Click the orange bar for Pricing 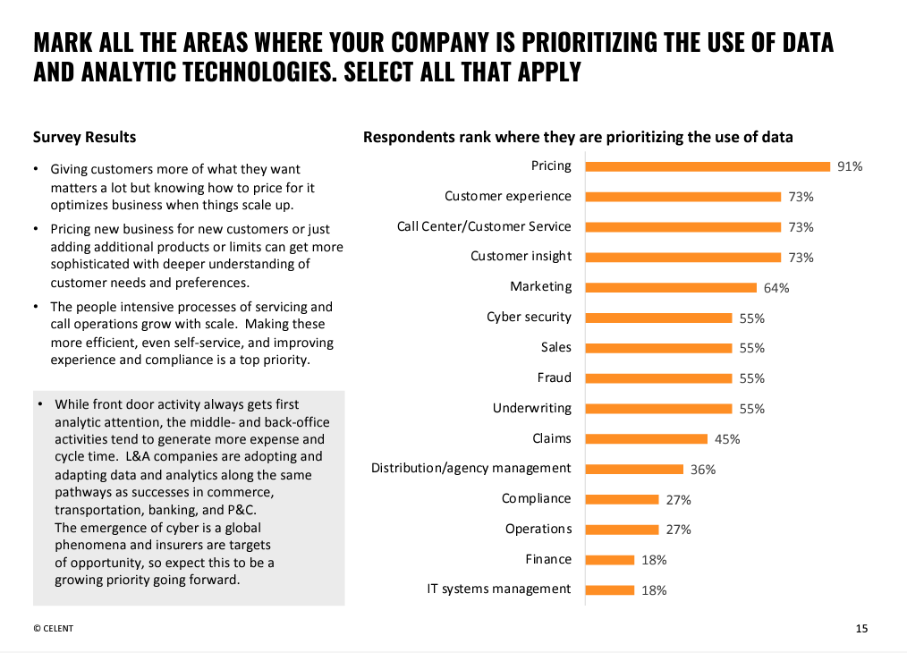708,165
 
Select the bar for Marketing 672,287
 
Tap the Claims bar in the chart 647,438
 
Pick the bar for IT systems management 610,589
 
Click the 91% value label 850,166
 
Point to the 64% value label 776,288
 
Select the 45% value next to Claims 727,439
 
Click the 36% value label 703,470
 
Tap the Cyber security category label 529,317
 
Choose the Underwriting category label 531,408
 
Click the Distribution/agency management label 470,468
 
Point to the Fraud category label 554,377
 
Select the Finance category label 548,559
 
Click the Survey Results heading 84,137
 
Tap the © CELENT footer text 54,628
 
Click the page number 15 861,628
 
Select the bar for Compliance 623,499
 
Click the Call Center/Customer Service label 484,226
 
